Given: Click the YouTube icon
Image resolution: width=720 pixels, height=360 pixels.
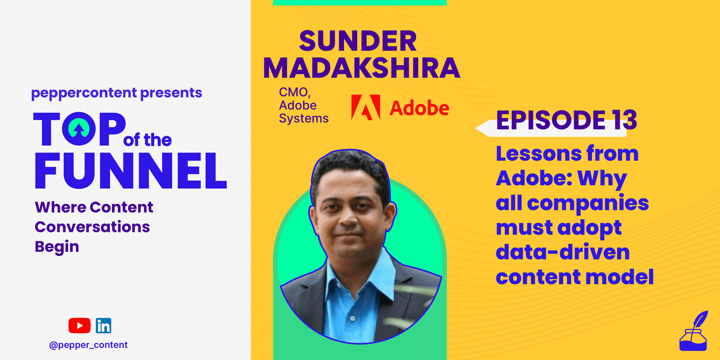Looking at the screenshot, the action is [x=79, y=326].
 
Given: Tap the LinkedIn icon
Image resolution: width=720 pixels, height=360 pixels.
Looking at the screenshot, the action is [x=103, y=326].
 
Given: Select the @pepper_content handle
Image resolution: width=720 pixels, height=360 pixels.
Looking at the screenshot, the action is [x=89, y=345].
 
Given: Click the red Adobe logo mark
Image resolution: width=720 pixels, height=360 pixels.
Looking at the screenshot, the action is [x=366, y=107].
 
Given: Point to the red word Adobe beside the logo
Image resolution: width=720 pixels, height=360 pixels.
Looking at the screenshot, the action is [x=419, y=108].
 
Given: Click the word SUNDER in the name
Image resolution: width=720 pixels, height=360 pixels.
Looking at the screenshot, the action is [x=358, y=41].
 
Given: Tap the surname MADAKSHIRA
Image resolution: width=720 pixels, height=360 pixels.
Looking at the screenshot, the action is [x=361, y=68].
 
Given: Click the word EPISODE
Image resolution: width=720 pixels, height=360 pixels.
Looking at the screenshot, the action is [x=551, y=120].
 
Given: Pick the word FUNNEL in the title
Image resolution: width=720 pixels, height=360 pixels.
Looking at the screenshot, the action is [x=130, y=171].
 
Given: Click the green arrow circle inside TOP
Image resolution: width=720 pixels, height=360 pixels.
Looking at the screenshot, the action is [x=79, y=128].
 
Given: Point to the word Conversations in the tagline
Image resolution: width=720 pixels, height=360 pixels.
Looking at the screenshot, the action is [x=92, y=227].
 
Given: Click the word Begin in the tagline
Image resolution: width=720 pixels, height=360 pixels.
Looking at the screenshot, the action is [x=57, y=247].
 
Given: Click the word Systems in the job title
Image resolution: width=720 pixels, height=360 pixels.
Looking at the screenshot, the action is [x=304, y=119].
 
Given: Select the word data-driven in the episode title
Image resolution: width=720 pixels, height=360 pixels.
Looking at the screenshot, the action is [x=563, y=252].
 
